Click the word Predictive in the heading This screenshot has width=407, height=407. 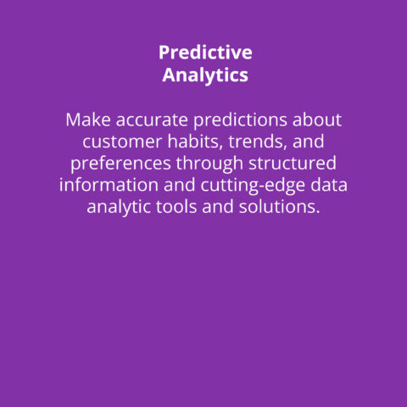tap(205, 53)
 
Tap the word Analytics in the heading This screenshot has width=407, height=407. tap(205, 75)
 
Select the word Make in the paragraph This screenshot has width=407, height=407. tap(88, 120)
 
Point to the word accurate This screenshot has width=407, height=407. tap(152, 120)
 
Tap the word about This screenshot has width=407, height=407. tap(317, 120)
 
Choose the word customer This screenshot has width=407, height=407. tap(122, 142)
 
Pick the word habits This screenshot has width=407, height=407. tap(195, 142)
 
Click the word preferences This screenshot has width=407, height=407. tap(120, 164)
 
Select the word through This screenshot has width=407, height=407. tap(209, 164)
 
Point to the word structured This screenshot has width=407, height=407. tap(293, 164)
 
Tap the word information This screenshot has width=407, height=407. tap(109, 185)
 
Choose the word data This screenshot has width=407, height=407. tap(329, 185)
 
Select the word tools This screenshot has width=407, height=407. tap(176, 207)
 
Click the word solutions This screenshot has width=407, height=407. tap(276, 207)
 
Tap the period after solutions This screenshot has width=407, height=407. tap(318, 212)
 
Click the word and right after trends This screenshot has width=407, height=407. tap(309, 142)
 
